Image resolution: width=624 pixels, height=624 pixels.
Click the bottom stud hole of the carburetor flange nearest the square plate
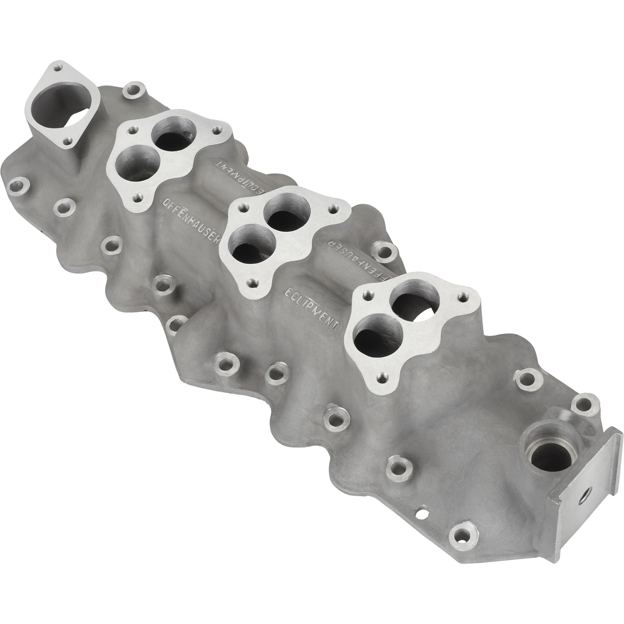click(383, 377)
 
